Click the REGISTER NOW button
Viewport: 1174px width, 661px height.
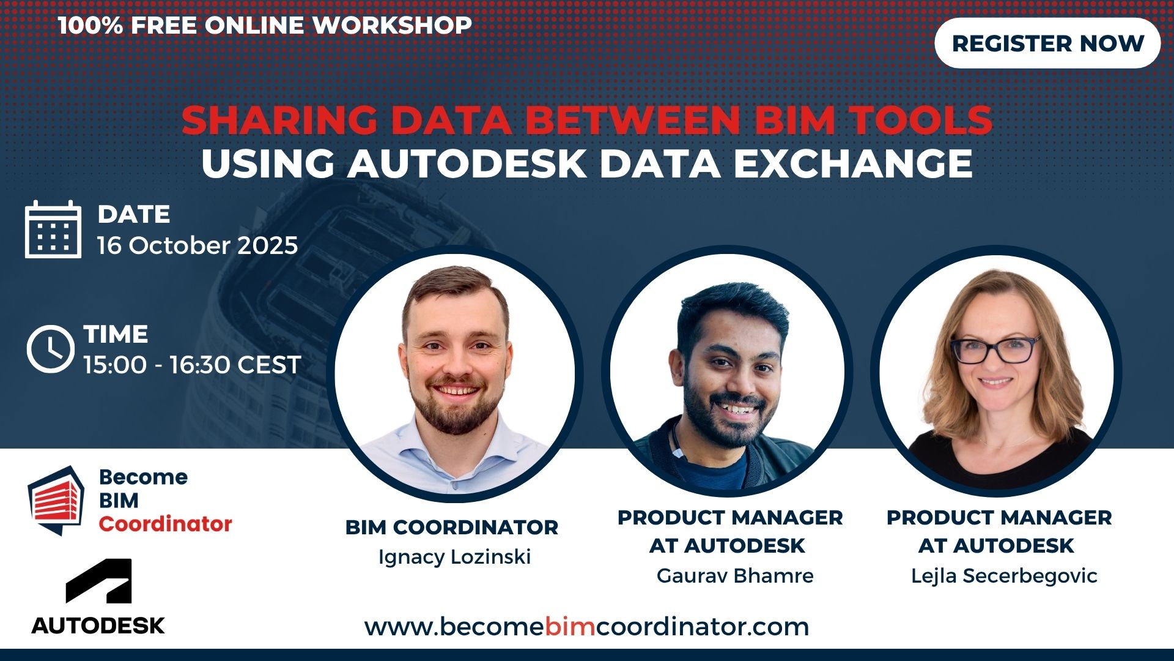pos(1047,43)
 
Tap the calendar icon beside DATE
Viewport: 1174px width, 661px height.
pos(53,229)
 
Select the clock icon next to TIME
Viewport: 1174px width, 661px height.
pos(50,349)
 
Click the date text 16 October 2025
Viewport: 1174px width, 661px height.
pos(198,245)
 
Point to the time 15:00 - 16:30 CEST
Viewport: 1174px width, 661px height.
pos(193,365)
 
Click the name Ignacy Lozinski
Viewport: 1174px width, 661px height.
pos(454,557)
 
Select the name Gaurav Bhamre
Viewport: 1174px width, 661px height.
pos(735,575)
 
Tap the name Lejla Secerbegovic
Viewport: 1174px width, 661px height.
pos(1004,576)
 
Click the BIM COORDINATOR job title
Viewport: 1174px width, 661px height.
pos(452,527)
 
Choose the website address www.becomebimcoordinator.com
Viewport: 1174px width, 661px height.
pos(587,627)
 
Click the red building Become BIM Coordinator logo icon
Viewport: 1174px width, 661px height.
pos(56,500)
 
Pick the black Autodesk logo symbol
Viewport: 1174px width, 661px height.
pos(98,581)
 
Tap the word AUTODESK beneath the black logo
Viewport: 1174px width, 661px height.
pos(98,626)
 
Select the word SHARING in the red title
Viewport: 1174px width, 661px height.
pos(279,120)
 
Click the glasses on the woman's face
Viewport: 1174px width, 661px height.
pos(995,349)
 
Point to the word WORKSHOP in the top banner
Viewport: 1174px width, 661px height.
pos(393,25)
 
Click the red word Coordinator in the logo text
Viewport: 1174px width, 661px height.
pos(166,524)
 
